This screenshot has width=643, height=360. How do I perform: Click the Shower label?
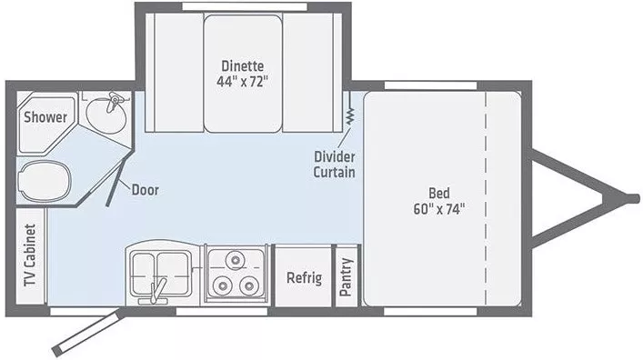(45, 117)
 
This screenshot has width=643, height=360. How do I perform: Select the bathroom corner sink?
(108, 115)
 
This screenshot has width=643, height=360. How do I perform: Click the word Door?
(146, 190)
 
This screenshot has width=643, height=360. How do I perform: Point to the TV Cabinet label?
(31, 264)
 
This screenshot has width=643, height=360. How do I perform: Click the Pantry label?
(347, 277)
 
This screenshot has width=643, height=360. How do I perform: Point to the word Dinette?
(244, 65)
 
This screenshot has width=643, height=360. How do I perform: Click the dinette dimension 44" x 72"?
(244, 82)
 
